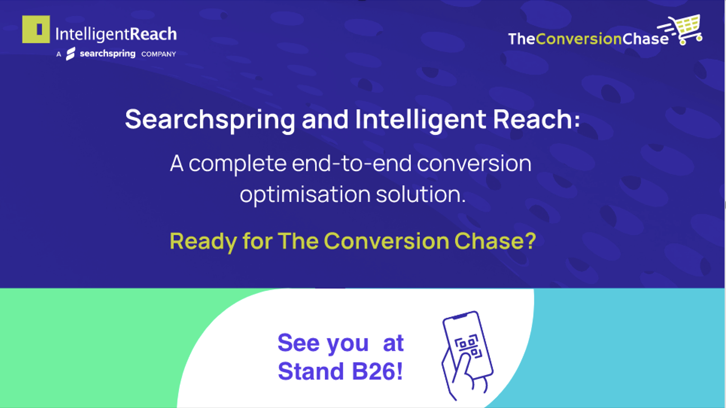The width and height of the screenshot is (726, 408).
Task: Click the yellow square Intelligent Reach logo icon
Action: click(x=36, y=29)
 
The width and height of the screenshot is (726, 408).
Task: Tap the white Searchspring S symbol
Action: click(x=71, y=54)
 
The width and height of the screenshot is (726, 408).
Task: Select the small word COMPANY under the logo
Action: click(x=159, y=54)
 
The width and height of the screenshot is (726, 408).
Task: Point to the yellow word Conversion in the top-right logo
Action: click(x=578, y=39)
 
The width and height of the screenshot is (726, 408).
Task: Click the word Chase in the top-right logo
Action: click(x=645, y=39)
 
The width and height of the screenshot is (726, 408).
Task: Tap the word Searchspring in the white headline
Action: click(x=210, y=120)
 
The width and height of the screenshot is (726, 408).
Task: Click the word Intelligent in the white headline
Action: click(x=421, y=120)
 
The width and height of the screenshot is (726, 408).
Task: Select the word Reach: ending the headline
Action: click(x=536, y=119)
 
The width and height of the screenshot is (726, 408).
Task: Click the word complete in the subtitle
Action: click(x=238, y=164)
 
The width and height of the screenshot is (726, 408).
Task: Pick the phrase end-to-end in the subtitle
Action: click(x=352, y=163)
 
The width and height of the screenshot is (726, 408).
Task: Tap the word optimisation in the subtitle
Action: click(x=305, y=195)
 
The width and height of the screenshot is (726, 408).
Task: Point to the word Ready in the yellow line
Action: click(x=203, y=242)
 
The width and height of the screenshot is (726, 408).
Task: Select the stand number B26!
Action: click(x=377, y=372)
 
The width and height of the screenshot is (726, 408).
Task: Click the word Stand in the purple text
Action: click(x=311, y=372)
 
